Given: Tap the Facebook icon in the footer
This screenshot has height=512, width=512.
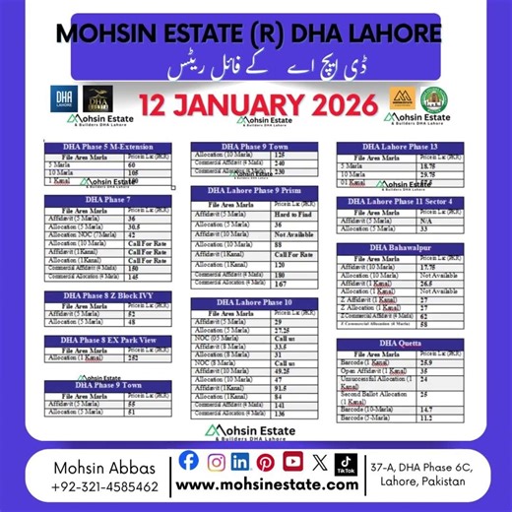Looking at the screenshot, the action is click(x=189, y=460).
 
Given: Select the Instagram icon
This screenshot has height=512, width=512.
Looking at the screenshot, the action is click(x=216, y=460).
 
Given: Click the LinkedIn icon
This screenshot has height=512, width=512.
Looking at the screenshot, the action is click(x=241, y=460).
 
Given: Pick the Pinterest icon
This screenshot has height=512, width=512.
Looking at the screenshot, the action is click(x=267, y=460).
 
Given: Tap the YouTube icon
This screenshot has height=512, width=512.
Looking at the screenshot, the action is click(x=292, y=460).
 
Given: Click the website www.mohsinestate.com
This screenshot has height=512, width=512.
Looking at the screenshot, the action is click(x=266, y=485).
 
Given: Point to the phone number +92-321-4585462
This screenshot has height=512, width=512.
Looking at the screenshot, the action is click(x=108, y=486).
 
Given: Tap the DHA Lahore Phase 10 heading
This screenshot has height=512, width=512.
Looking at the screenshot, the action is click(x=254, y=301).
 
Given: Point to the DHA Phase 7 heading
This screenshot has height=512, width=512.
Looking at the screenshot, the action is click(x=106, y=199).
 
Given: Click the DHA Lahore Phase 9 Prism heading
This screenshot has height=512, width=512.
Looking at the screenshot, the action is click(x=254, y=189).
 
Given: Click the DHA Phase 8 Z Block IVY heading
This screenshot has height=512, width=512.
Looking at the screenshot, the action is click(x=106, y=294).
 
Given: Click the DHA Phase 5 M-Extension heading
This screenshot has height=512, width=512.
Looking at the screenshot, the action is click(x=106, y=147).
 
